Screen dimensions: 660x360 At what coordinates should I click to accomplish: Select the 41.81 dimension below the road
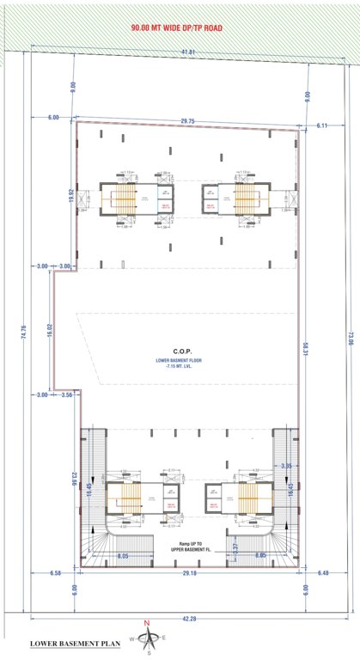(187, 53)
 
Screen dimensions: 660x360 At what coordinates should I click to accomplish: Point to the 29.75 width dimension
(187, 121)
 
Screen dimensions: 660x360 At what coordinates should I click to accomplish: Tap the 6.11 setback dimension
(323, 125)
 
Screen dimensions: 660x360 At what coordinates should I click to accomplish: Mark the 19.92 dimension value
(73, 198)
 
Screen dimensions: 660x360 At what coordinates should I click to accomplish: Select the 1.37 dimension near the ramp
(235, 547)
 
